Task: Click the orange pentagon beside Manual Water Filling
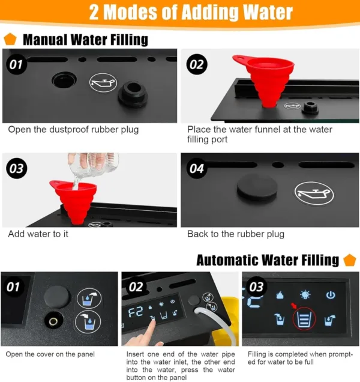(10, 39)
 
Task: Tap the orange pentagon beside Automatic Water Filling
(350, 260)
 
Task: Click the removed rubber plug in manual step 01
(133, 95)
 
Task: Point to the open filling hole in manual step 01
(64, 80)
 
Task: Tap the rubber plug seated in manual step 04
(257, 187)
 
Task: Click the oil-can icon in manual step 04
(314, 194)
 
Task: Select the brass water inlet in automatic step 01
(53, 321)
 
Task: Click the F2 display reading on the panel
(136, 312)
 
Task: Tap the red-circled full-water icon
(304, 319)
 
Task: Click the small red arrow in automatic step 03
(294, 306)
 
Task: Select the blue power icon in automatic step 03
(331, 295)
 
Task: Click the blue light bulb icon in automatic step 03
(305, 294)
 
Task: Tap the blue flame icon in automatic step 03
(280, 295)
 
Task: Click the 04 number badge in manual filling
(197, 168)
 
